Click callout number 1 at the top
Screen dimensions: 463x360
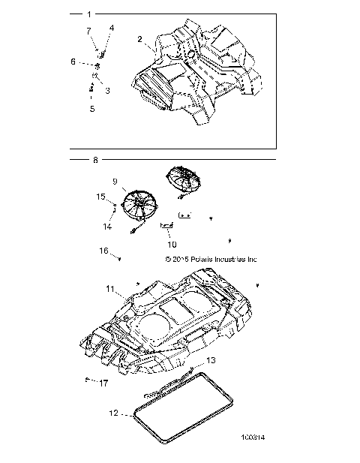(89, 14)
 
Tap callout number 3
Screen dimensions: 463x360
(107, 90)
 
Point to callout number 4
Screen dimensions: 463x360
(112, 28)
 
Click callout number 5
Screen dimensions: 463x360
(92, 109)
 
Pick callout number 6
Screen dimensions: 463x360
(73, 62)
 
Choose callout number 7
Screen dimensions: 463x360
(88, 31)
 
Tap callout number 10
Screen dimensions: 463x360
(172, 244)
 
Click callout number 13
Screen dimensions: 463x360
(211, 360)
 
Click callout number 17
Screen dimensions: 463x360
(103, 383)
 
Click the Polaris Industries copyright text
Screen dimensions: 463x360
(211, 259)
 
